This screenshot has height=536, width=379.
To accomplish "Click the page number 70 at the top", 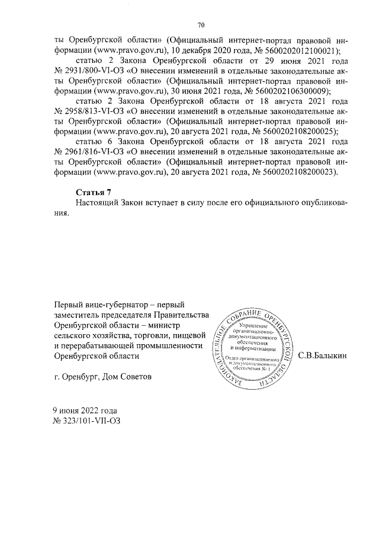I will click(200, 25).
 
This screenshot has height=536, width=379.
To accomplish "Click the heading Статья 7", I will click(94, 192).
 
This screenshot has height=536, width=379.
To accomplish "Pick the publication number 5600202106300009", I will click(289, 91).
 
